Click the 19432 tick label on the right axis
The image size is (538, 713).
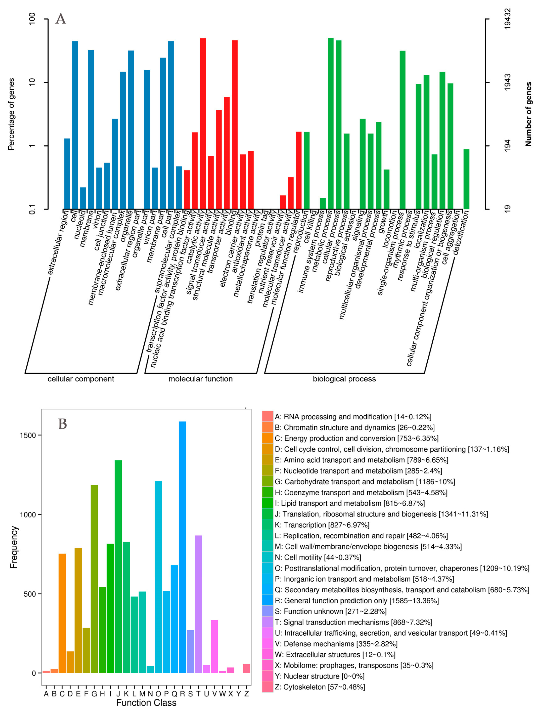[508, 19]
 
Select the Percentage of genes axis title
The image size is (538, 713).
[11, 114]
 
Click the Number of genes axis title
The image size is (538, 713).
[528, 114]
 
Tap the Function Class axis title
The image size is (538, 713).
[146, 703]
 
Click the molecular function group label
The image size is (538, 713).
[200, 379]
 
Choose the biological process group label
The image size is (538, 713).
[344, 379]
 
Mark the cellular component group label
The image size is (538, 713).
[81, 379]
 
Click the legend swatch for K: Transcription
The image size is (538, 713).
[267, 525]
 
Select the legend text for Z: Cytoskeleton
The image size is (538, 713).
[320, 687]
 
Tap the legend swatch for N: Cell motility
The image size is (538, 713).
[267, 557]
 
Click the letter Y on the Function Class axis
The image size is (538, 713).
[238, 694]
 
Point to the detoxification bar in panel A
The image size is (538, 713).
[466, 179]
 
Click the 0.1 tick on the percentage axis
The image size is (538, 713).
[32, 209]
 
